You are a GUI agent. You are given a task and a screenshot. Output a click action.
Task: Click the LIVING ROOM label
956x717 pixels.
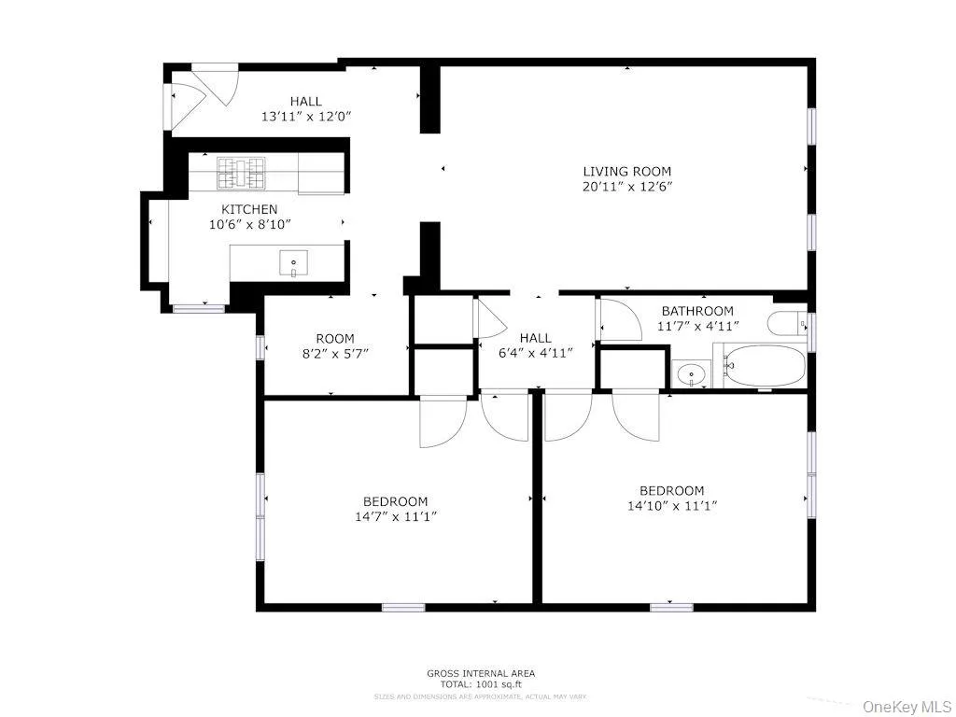click(626, 171)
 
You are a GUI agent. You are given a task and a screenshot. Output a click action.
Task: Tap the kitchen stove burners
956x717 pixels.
click(243, 173)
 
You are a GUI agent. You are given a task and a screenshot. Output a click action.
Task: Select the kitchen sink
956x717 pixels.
click(293, 264)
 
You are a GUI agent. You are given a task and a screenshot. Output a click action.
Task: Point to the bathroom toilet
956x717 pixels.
click(790, 324)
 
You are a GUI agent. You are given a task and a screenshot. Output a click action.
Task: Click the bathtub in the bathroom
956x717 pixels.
click(765, 366)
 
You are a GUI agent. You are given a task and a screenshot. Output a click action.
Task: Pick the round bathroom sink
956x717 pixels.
click(692, 375)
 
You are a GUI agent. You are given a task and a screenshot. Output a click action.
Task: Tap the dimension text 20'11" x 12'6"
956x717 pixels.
click(626, 187)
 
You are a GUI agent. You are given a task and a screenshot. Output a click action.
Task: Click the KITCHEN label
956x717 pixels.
click(248, 209)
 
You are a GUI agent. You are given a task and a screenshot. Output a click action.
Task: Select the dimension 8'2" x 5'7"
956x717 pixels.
click(334, 355)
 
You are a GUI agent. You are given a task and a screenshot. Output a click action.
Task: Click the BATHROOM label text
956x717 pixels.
click(697, 311)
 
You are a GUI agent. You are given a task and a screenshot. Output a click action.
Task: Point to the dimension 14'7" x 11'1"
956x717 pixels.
click(396, 516)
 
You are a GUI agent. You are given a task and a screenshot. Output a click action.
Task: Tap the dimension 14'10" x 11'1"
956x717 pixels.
click(671, 506)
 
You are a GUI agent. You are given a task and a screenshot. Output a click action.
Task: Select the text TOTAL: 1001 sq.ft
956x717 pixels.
click(481, 684)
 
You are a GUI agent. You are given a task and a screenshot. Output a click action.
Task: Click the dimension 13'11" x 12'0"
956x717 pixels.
click(305, 117)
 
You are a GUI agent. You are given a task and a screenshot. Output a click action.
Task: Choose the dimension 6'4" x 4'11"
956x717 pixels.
click(535, 353)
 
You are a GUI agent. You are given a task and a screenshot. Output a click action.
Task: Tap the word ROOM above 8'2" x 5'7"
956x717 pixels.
click(334, 339)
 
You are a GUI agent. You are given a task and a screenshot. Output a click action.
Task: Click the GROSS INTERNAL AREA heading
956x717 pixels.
click(481, 673)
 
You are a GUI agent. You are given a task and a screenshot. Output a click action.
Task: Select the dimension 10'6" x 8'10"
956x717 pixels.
click(248, 224)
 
